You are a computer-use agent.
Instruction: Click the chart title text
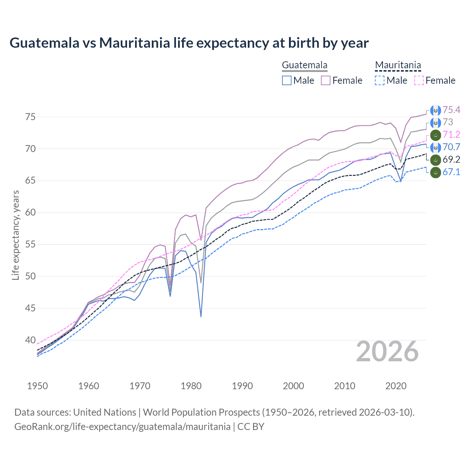coord(189,43)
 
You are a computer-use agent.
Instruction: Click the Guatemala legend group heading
coord(304,65)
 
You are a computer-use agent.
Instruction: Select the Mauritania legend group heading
coord(398,65)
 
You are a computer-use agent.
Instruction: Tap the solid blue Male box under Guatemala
coord(287,80)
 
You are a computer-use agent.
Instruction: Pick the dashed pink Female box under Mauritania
coord(419,80)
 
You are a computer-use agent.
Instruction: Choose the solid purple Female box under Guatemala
coord(326,80)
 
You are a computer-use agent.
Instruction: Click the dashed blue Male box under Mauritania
coord(380,80)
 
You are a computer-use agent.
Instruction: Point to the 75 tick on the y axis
coord(30,117)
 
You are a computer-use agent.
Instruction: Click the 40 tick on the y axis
coord(30,340)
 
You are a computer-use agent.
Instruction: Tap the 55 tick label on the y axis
coord(30,244)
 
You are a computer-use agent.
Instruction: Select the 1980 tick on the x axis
coord(191,386)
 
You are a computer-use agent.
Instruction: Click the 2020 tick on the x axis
coord(396,386)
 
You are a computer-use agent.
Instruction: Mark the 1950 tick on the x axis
coord(37,386)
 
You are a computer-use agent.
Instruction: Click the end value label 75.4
coord(451,110)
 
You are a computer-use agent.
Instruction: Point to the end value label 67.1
coord(451,172)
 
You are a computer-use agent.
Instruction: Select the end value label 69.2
coord(451,159)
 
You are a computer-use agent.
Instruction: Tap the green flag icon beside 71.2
coord(435,135)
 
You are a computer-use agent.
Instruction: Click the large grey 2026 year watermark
coord(387,352)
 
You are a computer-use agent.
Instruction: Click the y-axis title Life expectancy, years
coord(15,235)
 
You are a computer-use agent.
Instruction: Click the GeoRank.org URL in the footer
coord(122,427)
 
